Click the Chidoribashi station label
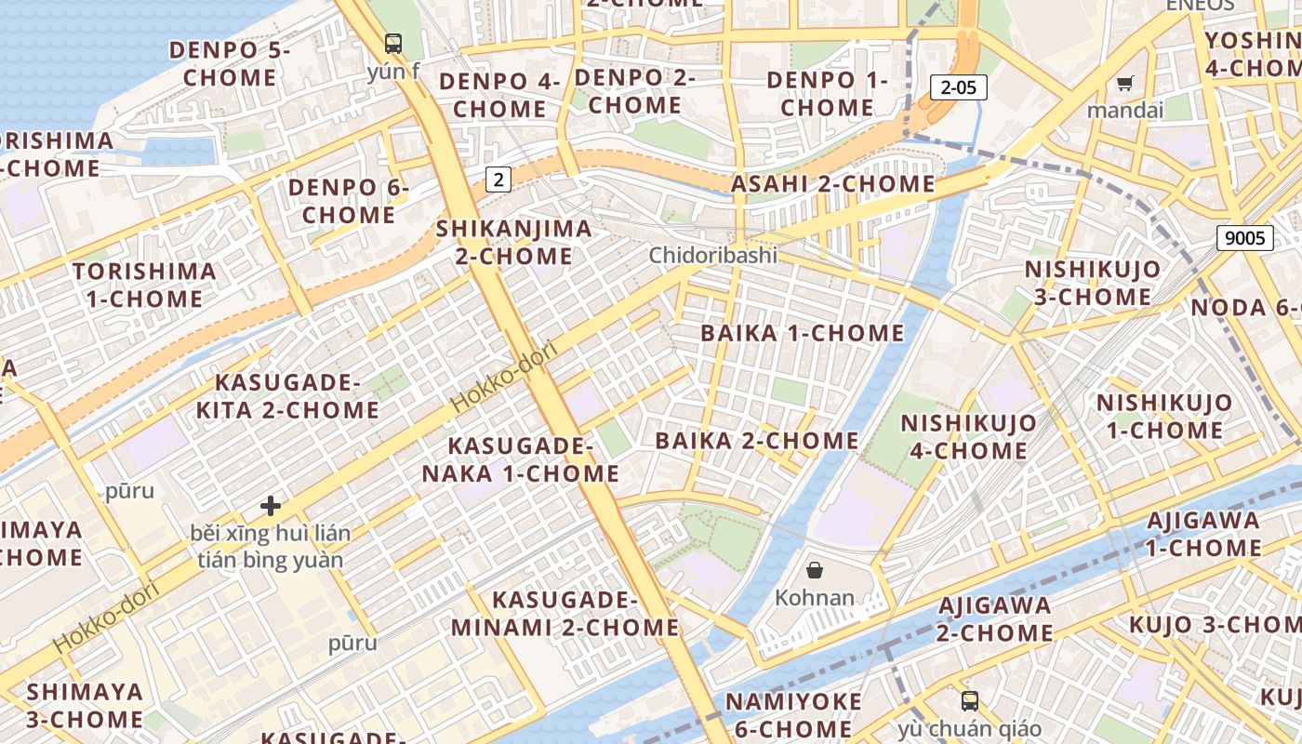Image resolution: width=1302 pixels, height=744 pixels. (712, 255)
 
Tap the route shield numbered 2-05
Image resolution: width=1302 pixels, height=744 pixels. (958, 87)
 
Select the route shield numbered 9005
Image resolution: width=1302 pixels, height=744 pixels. (1244, 238)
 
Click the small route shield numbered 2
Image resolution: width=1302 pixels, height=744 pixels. (498, 179)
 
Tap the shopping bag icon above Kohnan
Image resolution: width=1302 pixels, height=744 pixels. (815, 570)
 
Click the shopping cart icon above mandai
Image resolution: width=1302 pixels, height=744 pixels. (1124, 84)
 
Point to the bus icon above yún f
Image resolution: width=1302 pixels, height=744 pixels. (393, 43)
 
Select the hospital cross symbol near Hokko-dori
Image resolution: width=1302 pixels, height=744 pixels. (271, 506)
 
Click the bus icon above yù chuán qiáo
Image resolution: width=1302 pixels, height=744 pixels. (969, 701)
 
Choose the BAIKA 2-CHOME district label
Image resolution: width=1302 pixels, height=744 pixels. (757, 440)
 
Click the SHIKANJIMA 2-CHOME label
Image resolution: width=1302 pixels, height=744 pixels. (513, 242)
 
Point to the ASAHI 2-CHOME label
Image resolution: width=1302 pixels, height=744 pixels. (832, 184)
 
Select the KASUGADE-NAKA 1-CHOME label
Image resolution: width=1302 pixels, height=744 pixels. (521, 459)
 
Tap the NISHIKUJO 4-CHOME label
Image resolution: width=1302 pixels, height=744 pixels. (968, 437)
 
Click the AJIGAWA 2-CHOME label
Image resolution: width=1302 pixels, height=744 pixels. (994, 619)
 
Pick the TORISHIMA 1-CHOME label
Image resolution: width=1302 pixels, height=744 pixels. (144, 285)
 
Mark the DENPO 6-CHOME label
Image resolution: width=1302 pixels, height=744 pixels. (348, 201)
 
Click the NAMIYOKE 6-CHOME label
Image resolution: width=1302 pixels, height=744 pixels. (793, 714)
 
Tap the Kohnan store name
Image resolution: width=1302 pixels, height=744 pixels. (815, 597)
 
